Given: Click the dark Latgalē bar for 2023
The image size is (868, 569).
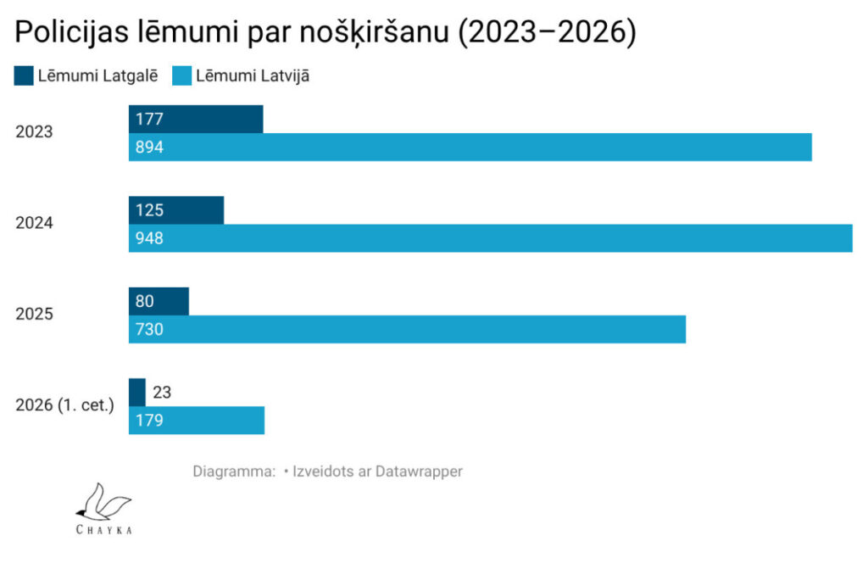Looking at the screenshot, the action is pos(196,119).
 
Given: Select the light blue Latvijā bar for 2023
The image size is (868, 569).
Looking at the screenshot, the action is pos(470,148).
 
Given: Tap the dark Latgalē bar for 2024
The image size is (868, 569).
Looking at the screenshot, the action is pos(176,210).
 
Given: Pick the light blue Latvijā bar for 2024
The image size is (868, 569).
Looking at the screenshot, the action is pos(491,238).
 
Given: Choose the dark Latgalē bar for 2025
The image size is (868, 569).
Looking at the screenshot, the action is pos(159,301).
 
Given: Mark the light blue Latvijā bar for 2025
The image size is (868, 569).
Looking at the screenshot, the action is pos(408,330).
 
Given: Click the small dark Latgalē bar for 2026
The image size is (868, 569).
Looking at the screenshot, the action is pos(137,393).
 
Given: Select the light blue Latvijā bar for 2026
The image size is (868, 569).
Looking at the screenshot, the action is pos(197,421).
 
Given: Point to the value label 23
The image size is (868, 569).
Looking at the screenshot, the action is pos(162,393).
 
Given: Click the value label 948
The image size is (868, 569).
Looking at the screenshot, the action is pos(149,238).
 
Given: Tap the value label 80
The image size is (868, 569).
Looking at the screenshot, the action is pos(144,301).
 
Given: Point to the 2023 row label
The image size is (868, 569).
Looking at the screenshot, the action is pos(34,131).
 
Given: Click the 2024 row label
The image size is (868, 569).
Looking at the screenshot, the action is pos(34,223).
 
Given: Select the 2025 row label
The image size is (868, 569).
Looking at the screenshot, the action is pos(34,314).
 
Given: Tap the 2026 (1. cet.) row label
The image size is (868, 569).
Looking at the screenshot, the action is pos(64,405).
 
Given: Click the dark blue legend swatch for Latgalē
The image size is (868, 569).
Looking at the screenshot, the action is pos(24,76).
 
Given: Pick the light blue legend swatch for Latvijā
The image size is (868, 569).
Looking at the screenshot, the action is pos(181,76).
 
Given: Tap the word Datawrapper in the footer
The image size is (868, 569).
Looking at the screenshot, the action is pos(419,471).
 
